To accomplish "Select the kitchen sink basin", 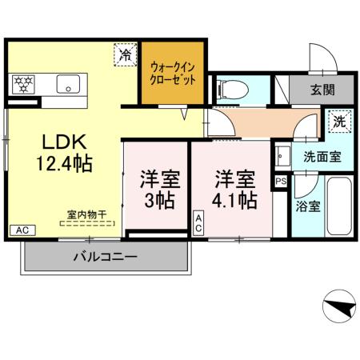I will [64, 82].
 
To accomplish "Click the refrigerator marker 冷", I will [125, 55].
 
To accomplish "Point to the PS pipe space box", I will [280, 182].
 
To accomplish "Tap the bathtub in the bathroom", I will [335, 206].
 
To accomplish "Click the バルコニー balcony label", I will [105, 258].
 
